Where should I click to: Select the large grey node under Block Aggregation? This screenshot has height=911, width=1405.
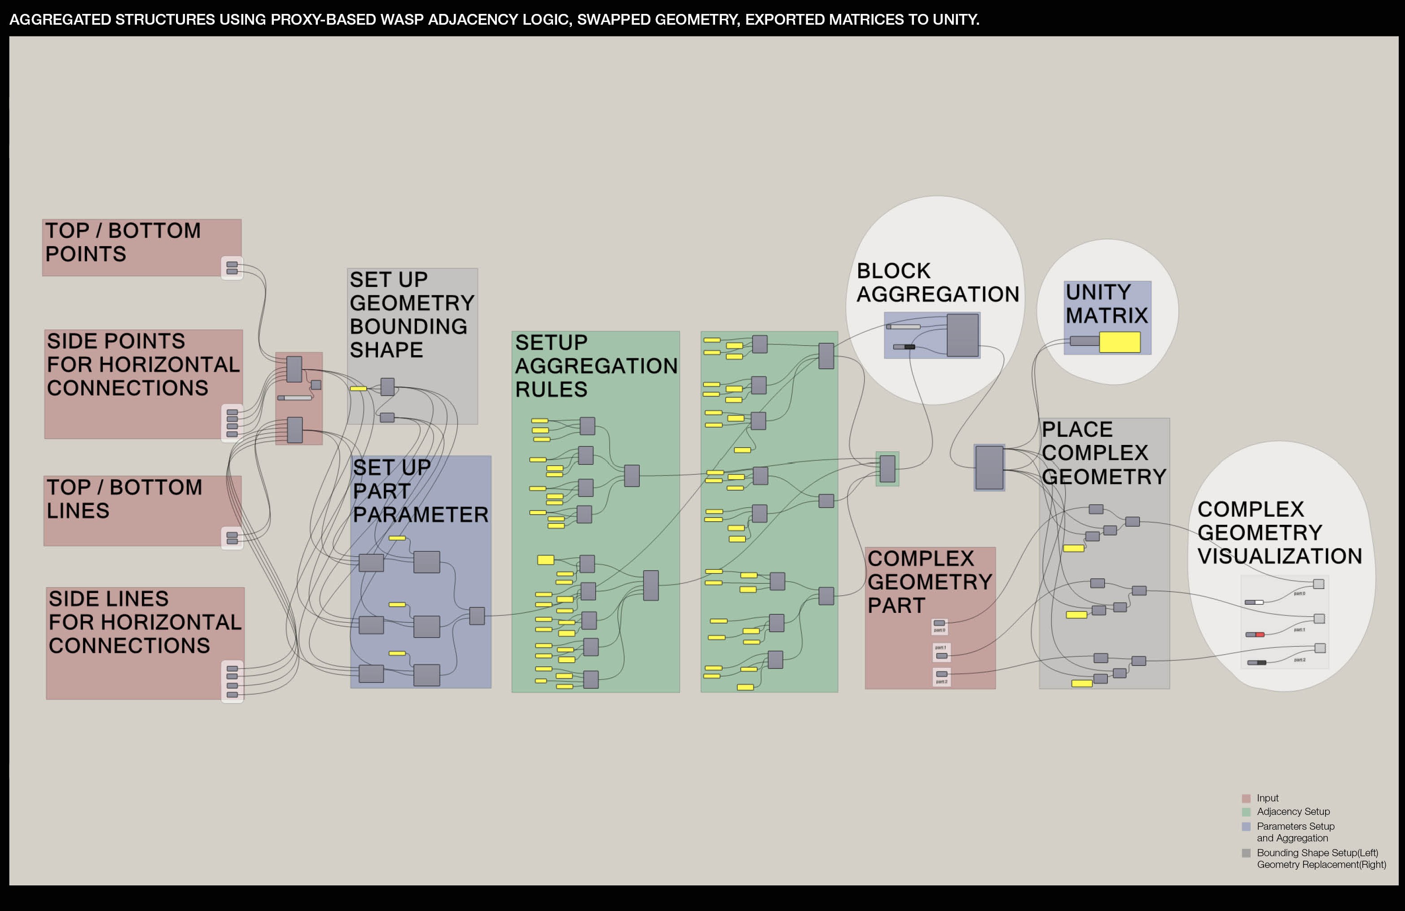pos(962,335)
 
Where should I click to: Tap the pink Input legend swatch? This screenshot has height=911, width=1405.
pos(1246,798)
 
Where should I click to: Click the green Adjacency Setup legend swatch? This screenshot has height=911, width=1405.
pos(1246,812)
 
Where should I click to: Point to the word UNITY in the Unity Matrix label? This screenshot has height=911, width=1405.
pos(1098,292)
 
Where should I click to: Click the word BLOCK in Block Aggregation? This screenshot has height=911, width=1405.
pos(893,271)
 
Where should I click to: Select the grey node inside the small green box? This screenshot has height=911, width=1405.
pos(887,469)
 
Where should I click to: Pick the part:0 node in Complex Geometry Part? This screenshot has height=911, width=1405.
pos(939,624)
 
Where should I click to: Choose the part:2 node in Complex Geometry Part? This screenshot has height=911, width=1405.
pos(942,674)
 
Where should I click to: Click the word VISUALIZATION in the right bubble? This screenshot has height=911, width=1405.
pos(1279,556)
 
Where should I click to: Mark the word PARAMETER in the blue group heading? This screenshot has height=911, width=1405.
pos(420,515)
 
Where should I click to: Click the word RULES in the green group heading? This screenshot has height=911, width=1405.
pos(551,390)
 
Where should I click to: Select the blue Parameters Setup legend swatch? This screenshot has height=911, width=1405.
pos(1246,827)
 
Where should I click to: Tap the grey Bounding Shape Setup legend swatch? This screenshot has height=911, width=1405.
pos(1246,853)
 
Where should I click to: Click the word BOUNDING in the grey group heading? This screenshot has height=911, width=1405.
pos(408,326)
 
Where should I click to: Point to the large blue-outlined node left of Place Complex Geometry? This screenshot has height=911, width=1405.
pos(989,467)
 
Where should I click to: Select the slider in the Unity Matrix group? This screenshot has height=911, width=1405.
pos(1084,341)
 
